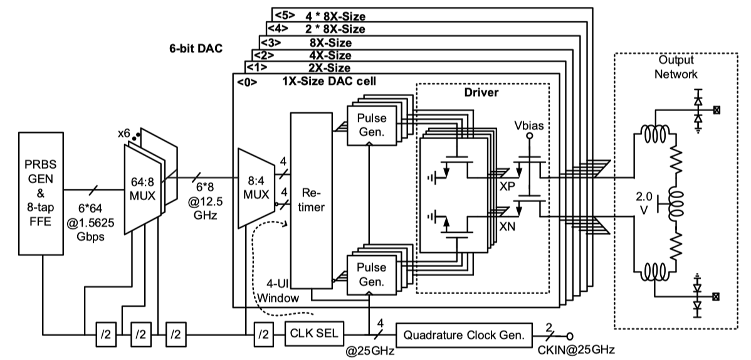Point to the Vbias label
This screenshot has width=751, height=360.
click(x=528, y=124)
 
